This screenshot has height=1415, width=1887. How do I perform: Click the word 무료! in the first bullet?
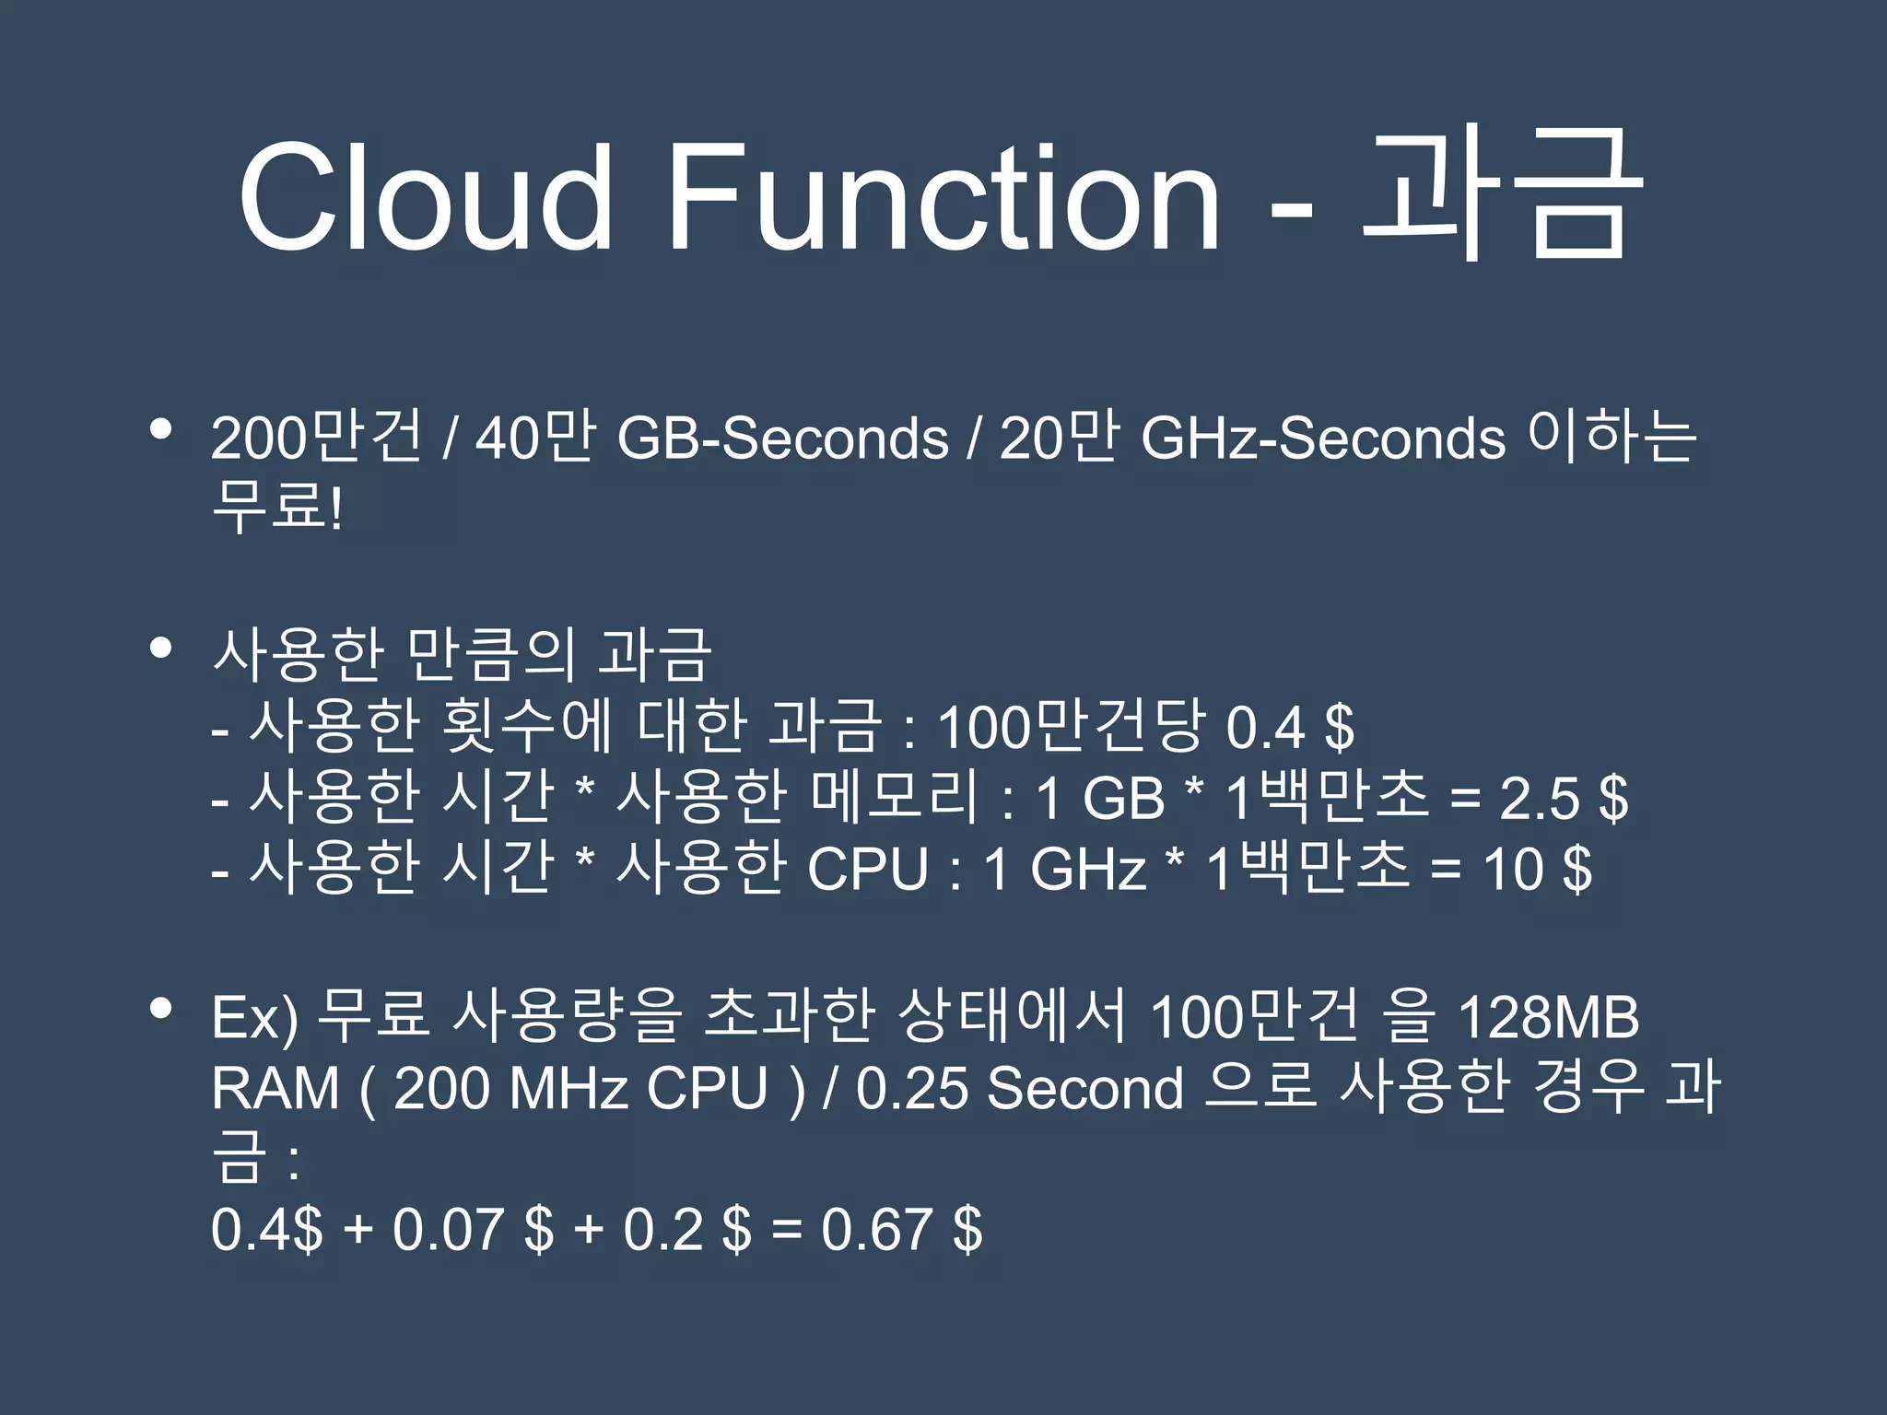click(x=277, y=508)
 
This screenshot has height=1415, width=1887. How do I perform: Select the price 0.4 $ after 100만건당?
click(x=1290, y=727)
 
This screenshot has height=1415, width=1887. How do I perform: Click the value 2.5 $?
click(x=1564, y=797)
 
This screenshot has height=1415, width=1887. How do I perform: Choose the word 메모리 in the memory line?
click(x=895, y=797)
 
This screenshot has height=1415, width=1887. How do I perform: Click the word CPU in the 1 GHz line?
click(x=867, y=868)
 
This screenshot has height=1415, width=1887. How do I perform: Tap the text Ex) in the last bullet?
click(x=254, y=1018)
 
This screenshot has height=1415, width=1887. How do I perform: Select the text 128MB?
click(x=1549, y=1018)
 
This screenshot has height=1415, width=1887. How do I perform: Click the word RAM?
click(x=275, y=1088)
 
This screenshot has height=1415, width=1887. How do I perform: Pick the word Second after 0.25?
click(x=1084, y=1088)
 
